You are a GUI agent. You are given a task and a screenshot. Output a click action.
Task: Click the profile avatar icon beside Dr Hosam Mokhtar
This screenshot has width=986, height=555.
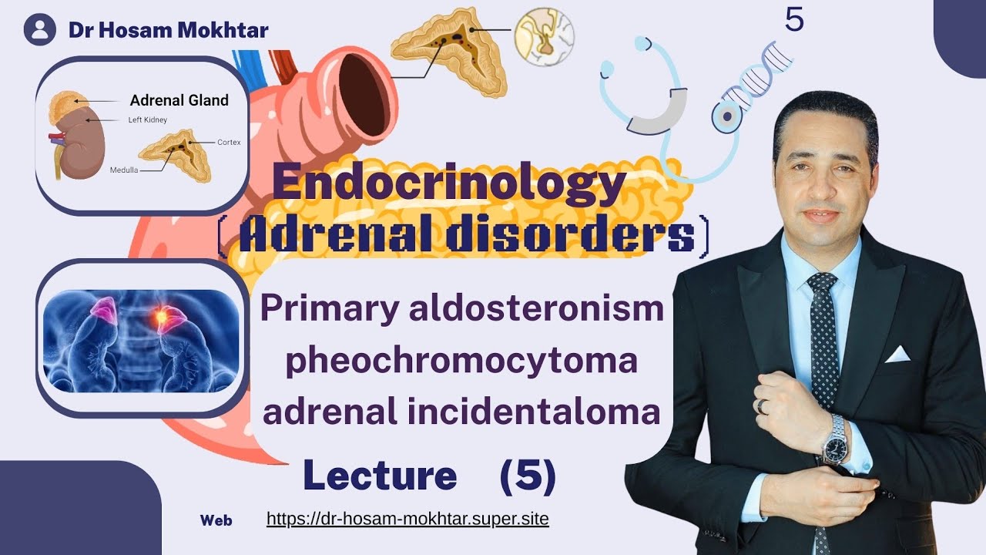tap(40, 30)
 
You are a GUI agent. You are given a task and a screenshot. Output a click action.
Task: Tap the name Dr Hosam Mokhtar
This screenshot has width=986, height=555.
tap(168, 30)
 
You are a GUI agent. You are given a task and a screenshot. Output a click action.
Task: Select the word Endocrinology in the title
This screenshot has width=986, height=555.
tap(448, 187)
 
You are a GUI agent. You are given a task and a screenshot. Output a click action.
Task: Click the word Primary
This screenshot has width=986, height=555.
tap(323, 309)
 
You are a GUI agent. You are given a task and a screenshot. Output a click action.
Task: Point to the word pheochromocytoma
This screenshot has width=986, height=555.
tap(451, 361)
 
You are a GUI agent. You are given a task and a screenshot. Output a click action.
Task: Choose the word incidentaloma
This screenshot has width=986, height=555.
tap(553, 412)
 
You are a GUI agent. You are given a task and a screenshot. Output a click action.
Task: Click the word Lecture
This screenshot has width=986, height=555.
tap(380, 476)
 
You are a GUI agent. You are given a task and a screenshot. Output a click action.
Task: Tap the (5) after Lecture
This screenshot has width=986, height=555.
tap(528, 476)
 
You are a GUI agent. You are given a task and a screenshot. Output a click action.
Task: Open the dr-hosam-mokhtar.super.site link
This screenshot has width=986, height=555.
tap(407, 519)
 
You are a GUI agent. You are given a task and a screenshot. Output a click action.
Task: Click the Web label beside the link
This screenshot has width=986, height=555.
tap(216, 520)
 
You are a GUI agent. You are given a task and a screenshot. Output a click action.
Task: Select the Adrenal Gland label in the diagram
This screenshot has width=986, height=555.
tap(179, 100)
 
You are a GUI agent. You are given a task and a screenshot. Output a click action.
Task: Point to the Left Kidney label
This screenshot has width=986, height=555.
tap(147, 120)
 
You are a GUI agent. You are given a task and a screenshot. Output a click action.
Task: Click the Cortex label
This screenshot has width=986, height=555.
tap(229, 143)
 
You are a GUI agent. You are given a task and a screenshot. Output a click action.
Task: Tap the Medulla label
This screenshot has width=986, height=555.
tap(124, 170)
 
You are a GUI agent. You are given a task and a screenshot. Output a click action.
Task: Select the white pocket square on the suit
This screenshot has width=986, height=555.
tap(897, 354)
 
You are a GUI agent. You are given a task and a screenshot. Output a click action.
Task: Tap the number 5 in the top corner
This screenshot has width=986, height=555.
tap(794, 20)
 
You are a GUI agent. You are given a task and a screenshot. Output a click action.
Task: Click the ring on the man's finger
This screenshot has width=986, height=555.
tap(761, 405)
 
